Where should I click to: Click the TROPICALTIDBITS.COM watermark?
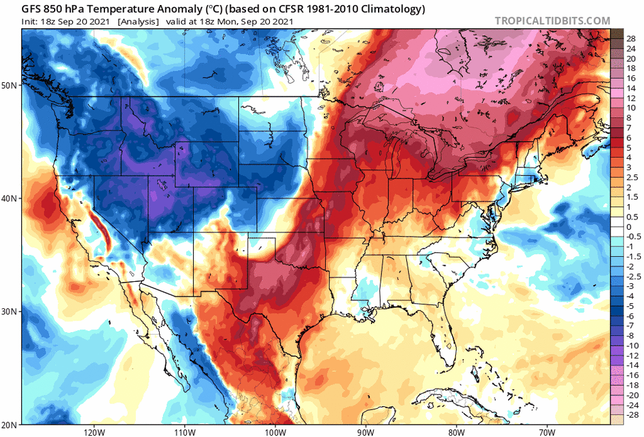pyautogui.click(x=552, y=21)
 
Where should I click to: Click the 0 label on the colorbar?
pyautogui.click(x=629, y=227)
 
